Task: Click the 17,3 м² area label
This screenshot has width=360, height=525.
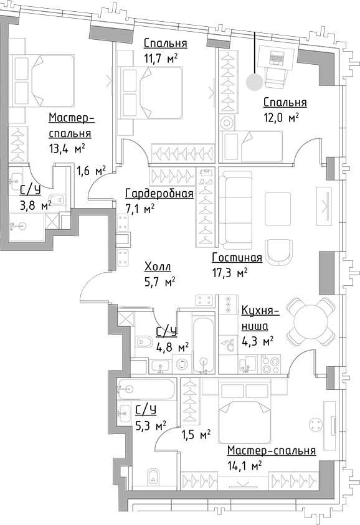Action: click(x=230, y=272)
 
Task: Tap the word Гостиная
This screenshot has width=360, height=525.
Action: click(x=237, y=258)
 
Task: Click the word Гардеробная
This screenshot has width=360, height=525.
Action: click(x=159, y=194)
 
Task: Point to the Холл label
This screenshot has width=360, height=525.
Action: click(x=157, y=267)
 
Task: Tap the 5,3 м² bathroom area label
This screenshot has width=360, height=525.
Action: click(x=151, y=426)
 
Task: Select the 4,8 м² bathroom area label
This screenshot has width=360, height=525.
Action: click(x=172, y=347)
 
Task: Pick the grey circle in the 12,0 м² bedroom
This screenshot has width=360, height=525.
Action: click(x=254, y=82)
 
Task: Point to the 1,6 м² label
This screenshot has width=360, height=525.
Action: click(x=90, y=170)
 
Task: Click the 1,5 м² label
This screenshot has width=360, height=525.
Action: click(x=195, y=434)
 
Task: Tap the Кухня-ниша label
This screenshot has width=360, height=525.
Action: click(x=255, y=318)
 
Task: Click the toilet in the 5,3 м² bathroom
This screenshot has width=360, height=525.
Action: click(x=152, y=477)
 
